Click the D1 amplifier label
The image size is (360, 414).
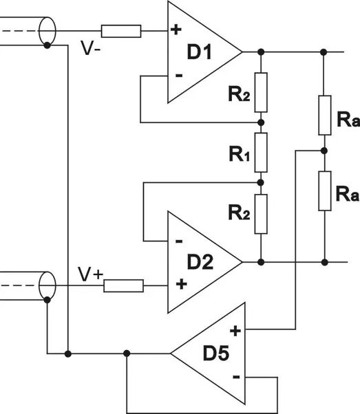(x=200, y=52)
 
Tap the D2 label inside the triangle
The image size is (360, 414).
(x=200, y=262)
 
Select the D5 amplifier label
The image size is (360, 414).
(x=216, y=353)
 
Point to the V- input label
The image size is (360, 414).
(x=91, y=48)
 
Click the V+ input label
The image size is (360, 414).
(x=90, y=274)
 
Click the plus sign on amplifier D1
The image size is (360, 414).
(x=176, y=30)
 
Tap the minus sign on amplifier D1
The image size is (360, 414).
(x=179, y=76)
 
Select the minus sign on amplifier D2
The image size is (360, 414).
(x=179, y=241)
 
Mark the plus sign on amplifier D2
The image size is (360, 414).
(x=181, y=284)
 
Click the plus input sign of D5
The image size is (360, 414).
(x=235, y=331)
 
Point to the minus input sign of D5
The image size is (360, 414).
(x=236, y=376)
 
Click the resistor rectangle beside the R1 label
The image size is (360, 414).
(x=261, y=153)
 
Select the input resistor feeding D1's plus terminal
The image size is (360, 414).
(x=121, y=31)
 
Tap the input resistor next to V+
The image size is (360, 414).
(x=123, y=285)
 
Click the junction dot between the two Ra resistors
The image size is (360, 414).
(x=324, y=151)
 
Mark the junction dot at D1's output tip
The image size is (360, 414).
(x=261, y=52)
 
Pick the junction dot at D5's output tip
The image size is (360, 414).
(x=127, y=353)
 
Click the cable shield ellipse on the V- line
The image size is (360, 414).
(x=47, y=31)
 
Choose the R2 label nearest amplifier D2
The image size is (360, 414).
(x=240, y=213)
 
